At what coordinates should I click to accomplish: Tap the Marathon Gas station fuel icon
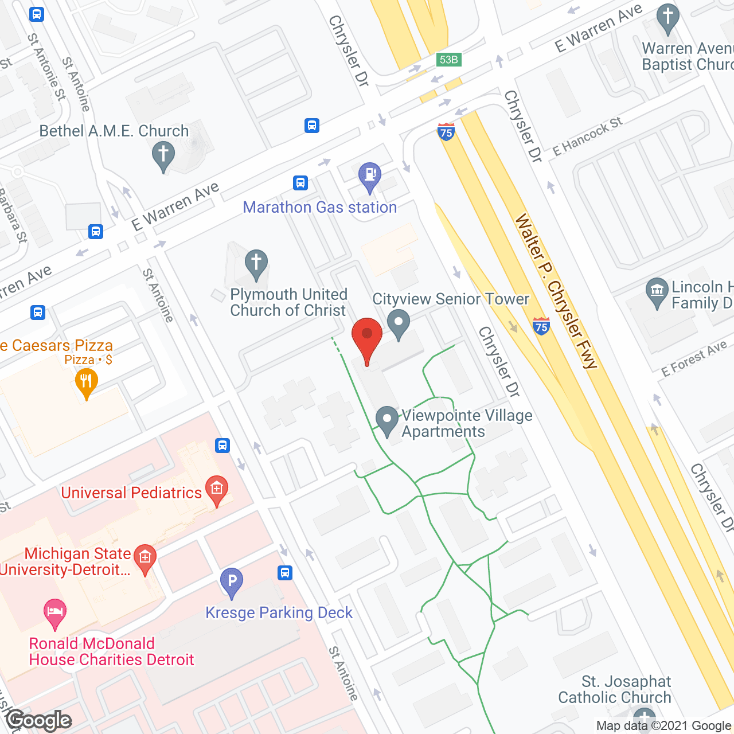point(370,175)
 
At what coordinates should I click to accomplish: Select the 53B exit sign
point(448,60)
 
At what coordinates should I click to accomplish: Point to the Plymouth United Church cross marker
point(256,264)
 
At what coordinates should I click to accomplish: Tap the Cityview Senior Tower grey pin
point(399,323)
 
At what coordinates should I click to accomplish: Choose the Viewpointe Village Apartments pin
point(387,420)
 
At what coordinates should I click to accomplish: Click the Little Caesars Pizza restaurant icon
point(87,381)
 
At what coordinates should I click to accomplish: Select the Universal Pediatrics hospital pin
point(217,490)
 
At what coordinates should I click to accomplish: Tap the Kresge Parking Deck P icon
point(232,582)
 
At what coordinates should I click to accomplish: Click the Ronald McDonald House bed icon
point(55,612)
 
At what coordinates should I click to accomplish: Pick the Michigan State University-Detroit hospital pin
point(145,558)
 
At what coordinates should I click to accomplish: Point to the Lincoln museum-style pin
point(657,292)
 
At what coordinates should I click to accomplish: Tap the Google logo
point(39,720)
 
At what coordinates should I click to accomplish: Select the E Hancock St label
point(587,136)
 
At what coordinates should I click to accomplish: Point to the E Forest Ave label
point(694,359)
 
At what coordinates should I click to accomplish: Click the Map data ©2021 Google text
point(664,726)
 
